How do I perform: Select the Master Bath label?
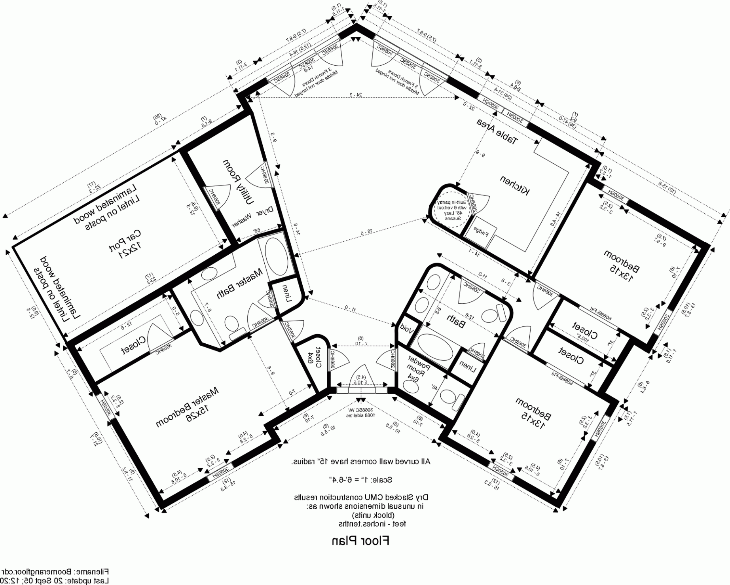239,284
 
